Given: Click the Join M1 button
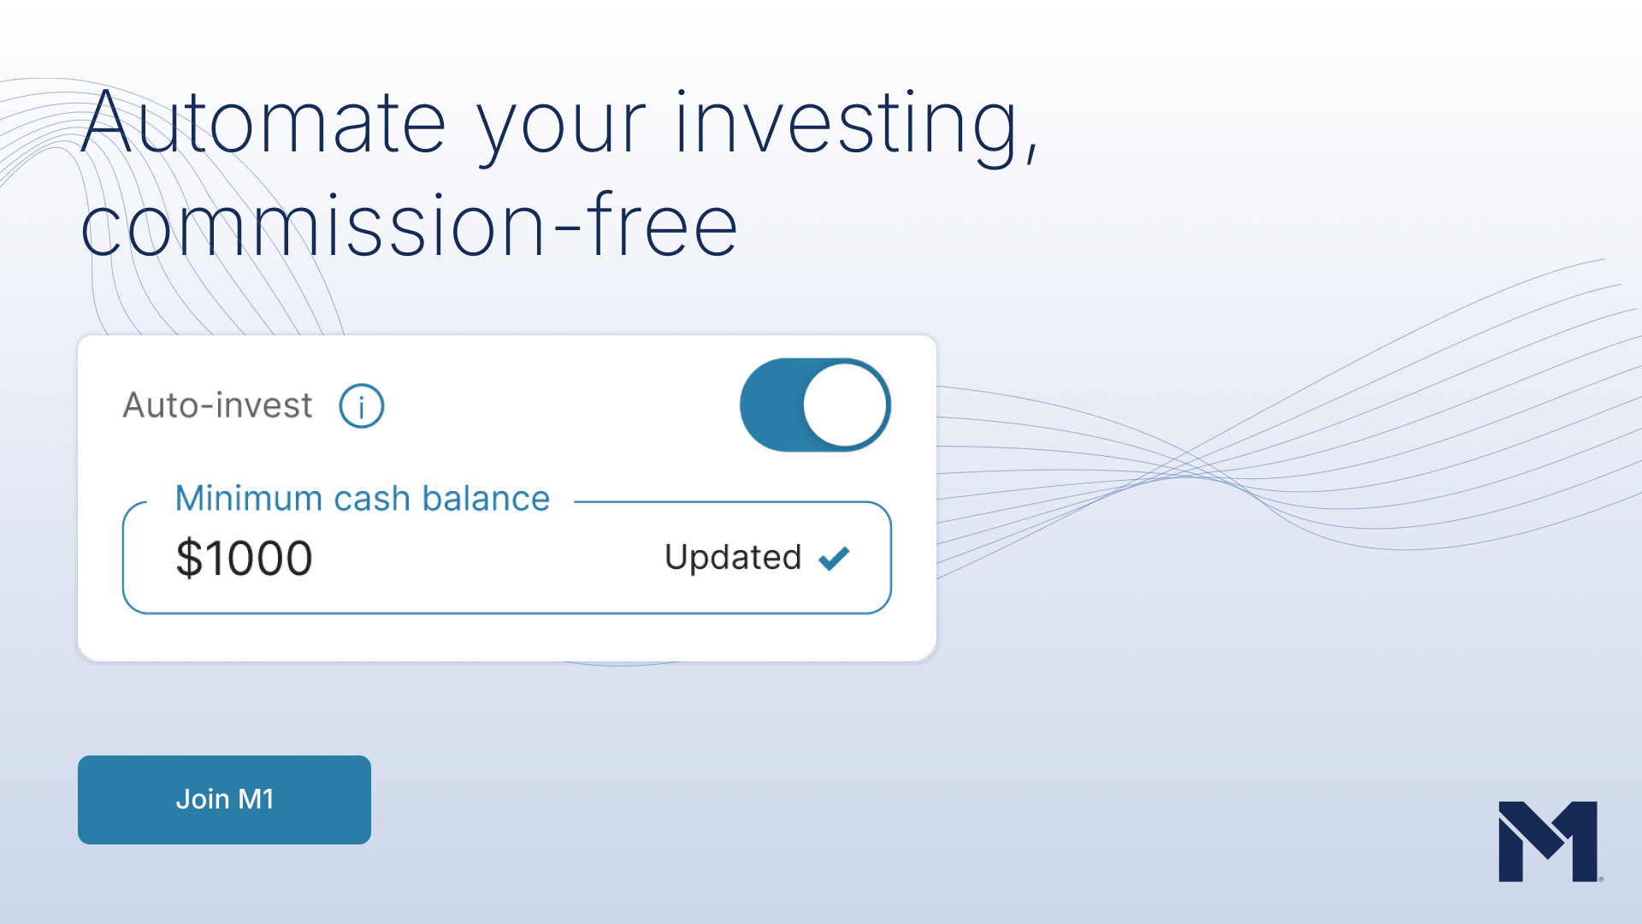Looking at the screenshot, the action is click(x=224, y=799).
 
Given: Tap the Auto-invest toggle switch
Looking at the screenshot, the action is click(x=815, y=405).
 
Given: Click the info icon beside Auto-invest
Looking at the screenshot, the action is click(x=362, y=406).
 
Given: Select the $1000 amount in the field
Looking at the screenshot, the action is click(x=244, y=559).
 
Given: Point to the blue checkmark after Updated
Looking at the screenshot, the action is click(x=834, y=558).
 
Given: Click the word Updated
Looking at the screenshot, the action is click(x=733, y=558).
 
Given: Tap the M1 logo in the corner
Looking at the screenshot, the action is click(x=1549, y=841).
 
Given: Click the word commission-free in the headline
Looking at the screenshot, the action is click(x=409, y=224).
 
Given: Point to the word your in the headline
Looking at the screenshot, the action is click(x=561, y=133).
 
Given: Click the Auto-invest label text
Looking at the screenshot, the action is click(x=218, y=406).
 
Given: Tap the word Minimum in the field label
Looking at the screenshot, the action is click(x=249, y=498).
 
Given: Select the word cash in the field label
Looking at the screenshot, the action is click(x=372, y=498).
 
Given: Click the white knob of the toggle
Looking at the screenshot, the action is click(x=845, y=405).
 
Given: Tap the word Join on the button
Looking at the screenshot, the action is click(x=203, y=799).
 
